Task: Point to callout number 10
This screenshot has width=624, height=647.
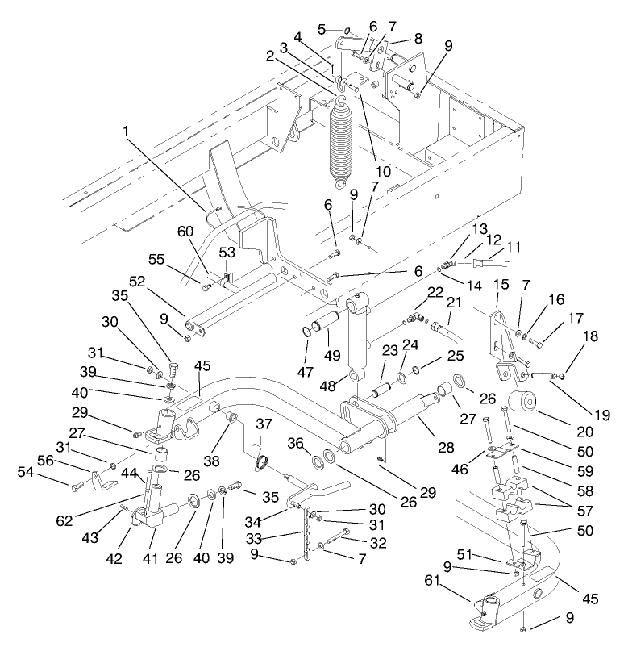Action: [x=383, y=171]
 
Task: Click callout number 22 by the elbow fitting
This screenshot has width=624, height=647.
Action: [x=435, y=292]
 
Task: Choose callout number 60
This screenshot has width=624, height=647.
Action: [x=186, y=232]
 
